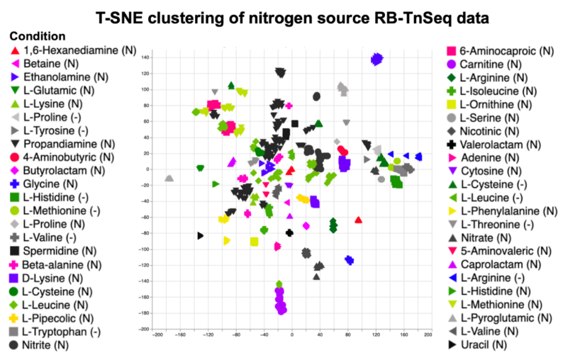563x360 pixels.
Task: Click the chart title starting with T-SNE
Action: [x=281, y=16]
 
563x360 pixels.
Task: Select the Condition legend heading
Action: [x=38, y=36]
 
